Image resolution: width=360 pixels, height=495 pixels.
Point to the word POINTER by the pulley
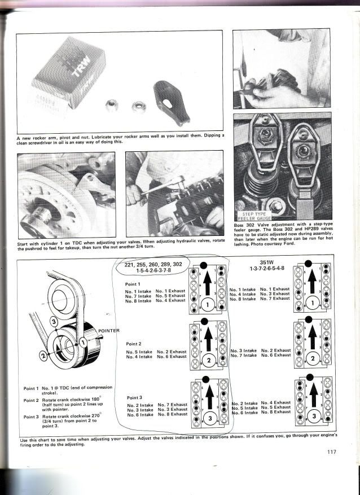coord(111,331)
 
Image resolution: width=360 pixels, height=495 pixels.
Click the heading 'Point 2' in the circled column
coord(134,343)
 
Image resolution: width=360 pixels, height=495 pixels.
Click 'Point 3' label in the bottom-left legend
coord(30,417)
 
